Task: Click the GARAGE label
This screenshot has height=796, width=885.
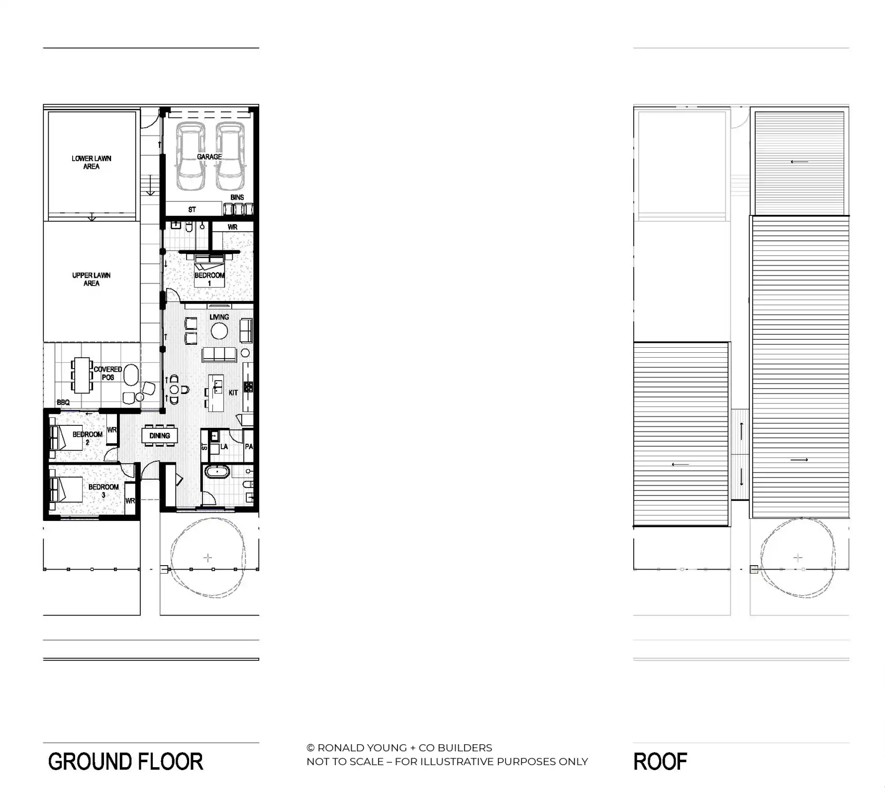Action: pos(209,157)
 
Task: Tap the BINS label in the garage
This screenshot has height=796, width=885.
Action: pos(237,198)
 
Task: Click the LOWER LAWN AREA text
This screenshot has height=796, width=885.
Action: pos(92,163)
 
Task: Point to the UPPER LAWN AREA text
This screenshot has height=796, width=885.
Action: pos(92,279)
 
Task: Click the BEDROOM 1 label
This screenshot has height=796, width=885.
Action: pos(209,279)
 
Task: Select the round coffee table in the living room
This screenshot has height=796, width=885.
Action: pos(219,331)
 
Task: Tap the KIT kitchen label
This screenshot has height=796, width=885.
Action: pos(233,393)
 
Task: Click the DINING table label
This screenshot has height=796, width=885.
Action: pos(159,436)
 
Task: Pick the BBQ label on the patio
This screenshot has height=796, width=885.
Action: pos(63,402)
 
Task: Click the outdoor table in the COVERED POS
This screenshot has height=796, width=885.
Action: pos(82,375)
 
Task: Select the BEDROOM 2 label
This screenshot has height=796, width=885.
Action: pos(88,438)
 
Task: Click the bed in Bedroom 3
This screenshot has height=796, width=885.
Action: pos(66,489)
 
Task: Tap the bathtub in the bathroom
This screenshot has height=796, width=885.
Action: pos(217,472)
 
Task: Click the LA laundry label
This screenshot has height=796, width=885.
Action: pos(224,447)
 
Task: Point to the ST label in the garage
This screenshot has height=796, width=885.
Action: pos(192,209)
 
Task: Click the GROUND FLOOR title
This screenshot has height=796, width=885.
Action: pos(125,762)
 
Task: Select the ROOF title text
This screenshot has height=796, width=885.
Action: pos(660,762)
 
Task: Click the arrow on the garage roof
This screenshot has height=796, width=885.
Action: pos(799,162)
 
